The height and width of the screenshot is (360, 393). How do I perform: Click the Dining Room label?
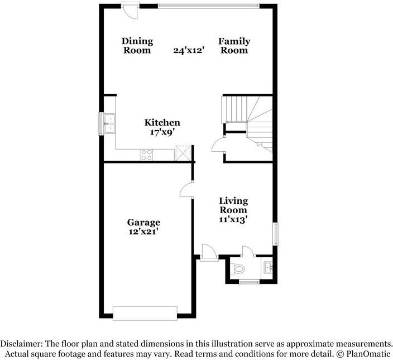coord(137,46)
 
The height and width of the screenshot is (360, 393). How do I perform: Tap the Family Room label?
coord(234,46)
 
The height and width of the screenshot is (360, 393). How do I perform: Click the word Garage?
coord(143,222)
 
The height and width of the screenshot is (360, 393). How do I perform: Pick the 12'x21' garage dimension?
coord(143,231)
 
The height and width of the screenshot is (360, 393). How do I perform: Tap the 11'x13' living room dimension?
coord(233,219)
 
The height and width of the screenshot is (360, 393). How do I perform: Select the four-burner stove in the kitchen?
coord(147,155)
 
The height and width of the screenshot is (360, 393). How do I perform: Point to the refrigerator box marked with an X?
coord(183,153)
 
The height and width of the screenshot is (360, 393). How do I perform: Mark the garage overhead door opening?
coord(145,313)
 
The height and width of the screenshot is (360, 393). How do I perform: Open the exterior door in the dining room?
coord(130,11)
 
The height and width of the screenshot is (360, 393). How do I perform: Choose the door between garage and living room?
coord(186,190)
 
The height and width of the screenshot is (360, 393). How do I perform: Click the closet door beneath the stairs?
coord(218,145)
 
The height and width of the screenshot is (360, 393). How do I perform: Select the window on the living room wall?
coord(275,233)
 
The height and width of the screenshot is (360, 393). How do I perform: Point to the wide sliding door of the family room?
coord(208,6)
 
